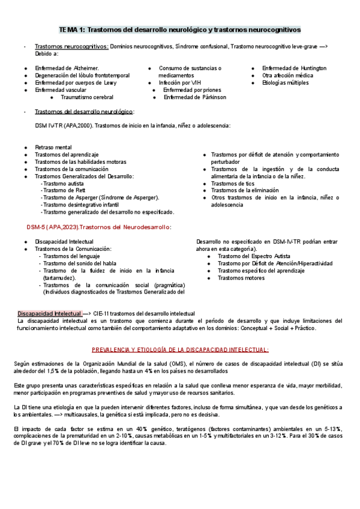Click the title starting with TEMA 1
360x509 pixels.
179,29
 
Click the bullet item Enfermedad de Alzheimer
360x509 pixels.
67,68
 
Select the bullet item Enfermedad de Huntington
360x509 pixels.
294,68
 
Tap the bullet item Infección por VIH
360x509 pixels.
179,83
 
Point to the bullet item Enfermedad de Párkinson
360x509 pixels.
194,97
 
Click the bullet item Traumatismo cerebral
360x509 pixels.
87,97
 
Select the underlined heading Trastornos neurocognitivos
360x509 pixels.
71,46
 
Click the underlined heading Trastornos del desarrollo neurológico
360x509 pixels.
84,112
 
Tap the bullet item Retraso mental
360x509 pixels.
53,147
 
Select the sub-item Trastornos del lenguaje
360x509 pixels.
73,256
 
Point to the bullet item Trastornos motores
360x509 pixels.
241,277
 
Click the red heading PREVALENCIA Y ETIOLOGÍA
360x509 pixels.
179,349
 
